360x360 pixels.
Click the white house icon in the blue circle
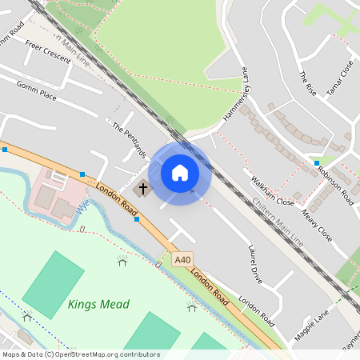[x=180, y=172]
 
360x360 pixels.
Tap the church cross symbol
[x=144, y=189]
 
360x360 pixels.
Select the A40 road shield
[x=183, y=259]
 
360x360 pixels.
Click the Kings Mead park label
[x=98, y=304]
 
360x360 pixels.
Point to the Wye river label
[x=82, y=206]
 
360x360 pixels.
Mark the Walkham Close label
[x=273, y=190]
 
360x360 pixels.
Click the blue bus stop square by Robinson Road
[x=317, y=163]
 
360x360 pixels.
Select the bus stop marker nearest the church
[x=137, y=218]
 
